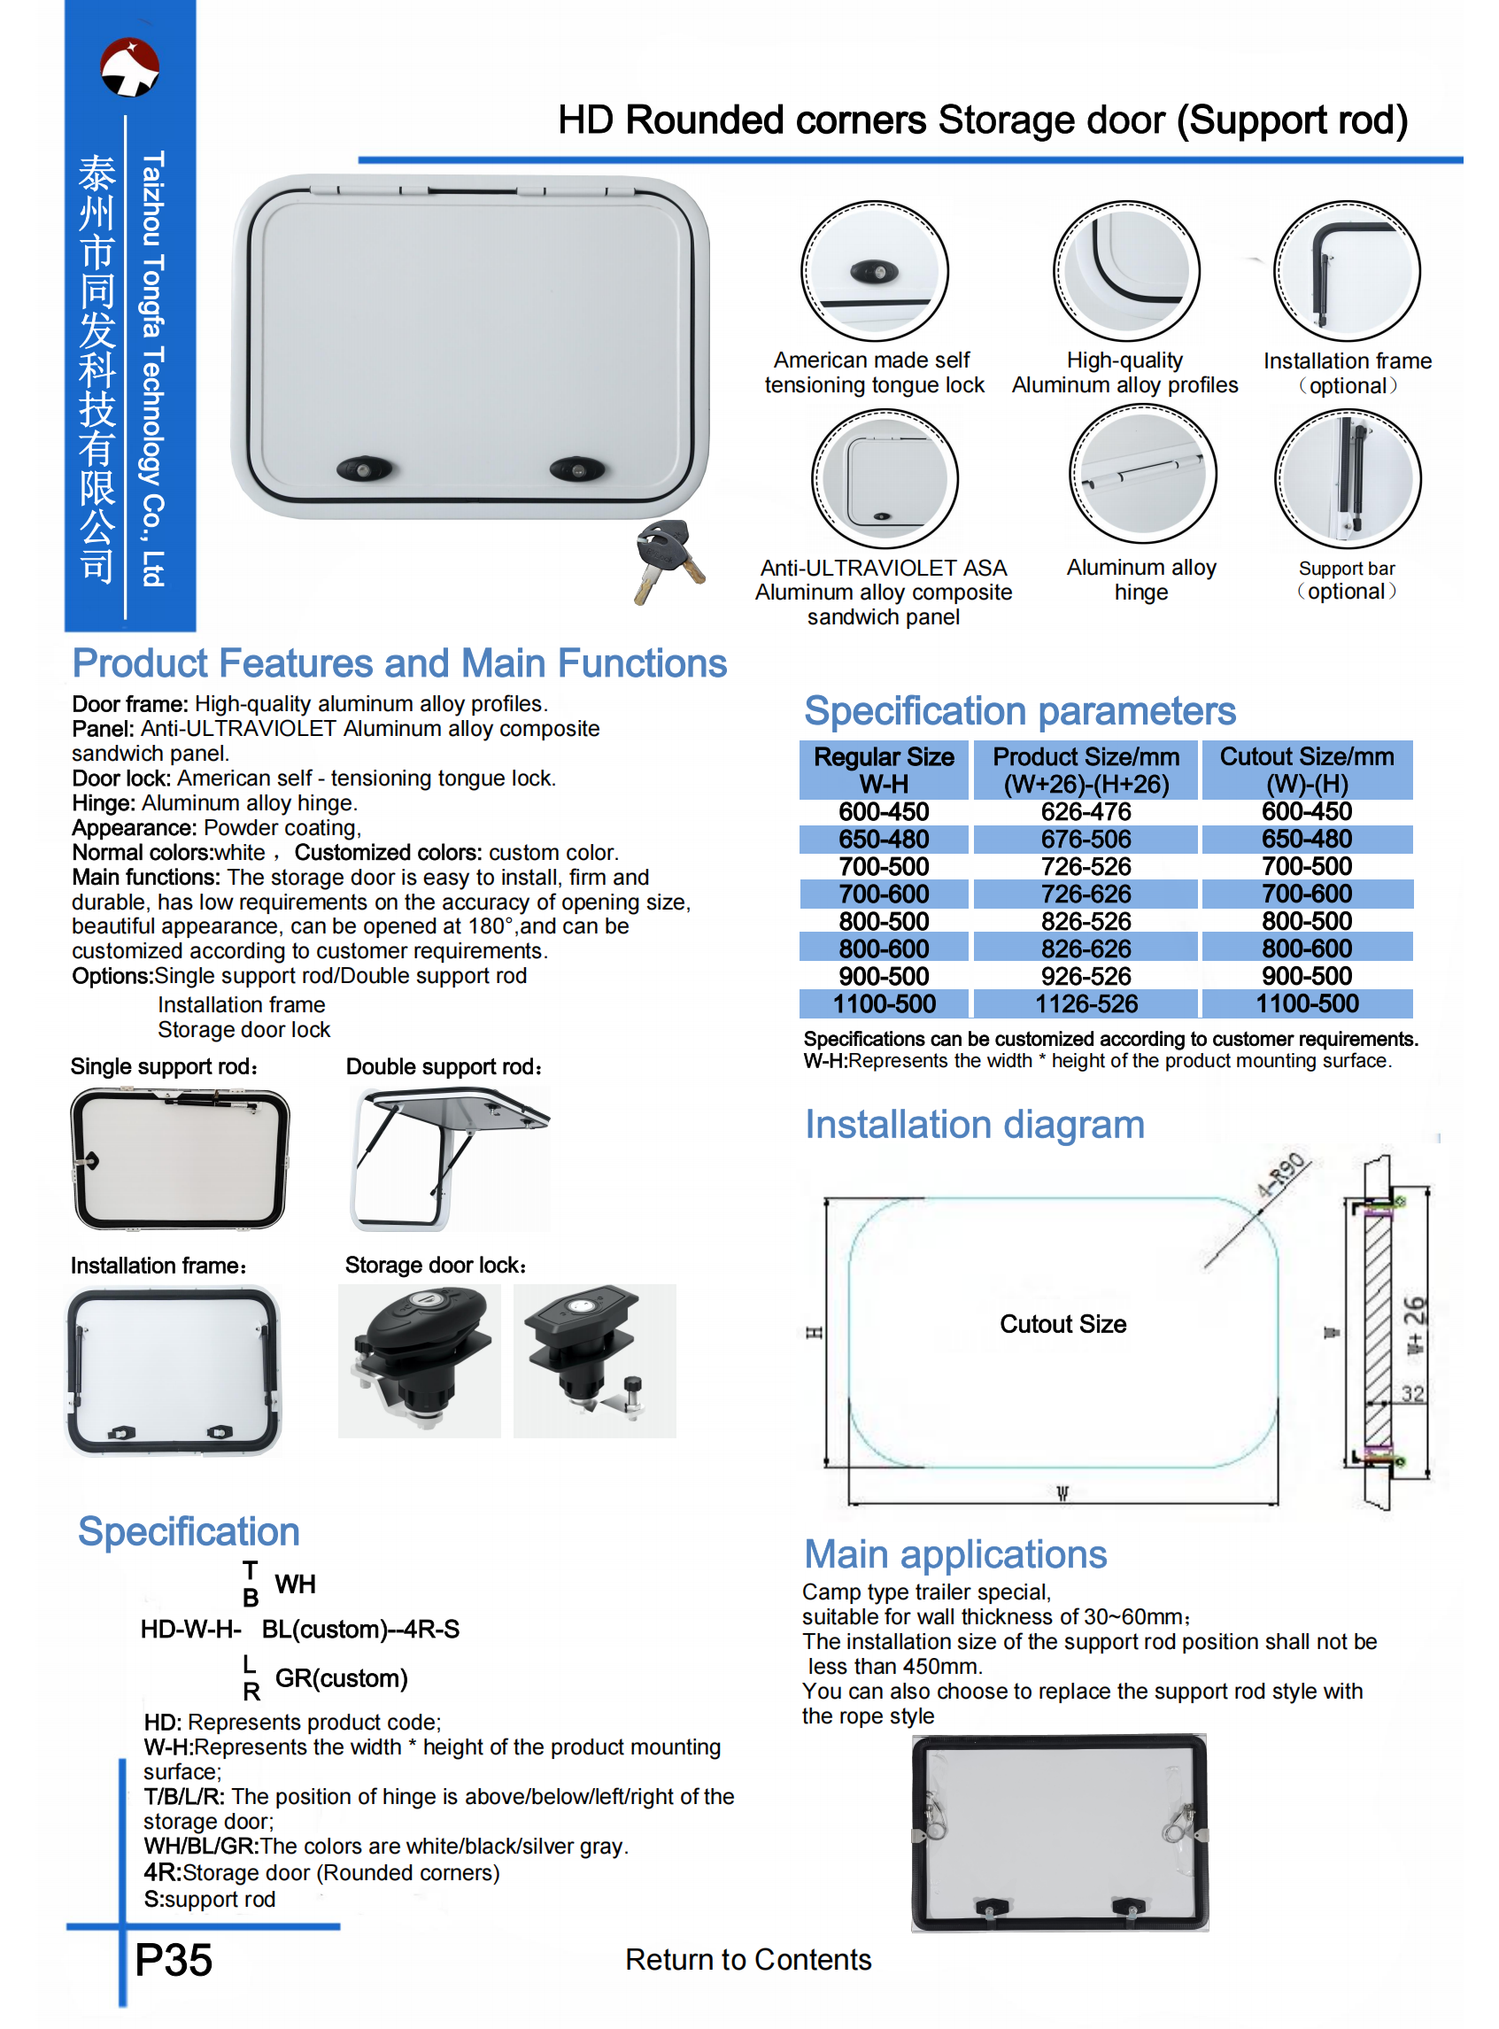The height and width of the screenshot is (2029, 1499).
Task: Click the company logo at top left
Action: [130, 67]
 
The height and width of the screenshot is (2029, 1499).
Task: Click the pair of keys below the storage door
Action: [668, 561]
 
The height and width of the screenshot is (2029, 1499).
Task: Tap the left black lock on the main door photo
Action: [364, 470]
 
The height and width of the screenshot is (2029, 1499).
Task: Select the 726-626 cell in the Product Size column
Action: [1086, 894]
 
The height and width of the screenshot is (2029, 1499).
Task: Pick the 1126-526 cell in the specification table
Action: [1086, 1003]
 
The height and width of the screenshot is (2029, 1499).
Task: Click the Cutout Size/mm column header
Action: [1306, 770]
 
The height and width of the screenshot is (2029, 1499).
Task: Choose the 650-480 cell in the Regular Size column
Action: [883, 839]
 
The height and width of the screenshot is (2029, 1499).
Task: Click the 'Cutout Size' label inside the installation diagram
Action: [1062, 1324]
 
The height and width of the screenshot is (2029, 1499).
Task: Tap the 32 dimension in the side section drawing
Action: [1412, 1393]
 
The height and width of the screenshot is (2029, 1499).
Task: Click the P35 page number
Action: [174, 1960]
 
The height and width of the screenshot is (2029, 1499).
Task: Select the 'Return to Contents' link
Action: [747, 1960]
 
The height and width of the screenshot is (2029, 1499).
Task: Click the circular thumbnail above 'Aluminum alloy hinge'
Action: [1141, 474]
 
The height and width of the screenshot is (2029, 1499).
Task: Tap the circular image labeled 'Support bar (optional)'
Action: [1347, 477]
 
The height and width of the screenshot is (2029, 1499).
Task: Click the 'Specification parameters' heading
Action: [1019, 710]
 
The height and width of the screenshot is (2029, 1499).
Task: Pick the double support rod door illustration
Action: [448, 1158]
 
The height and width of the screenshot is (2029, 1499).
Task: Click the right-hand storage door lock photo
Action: [594, 1360]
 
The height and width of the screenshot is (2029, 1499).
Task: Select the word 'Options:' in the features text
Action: [112, 976]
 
